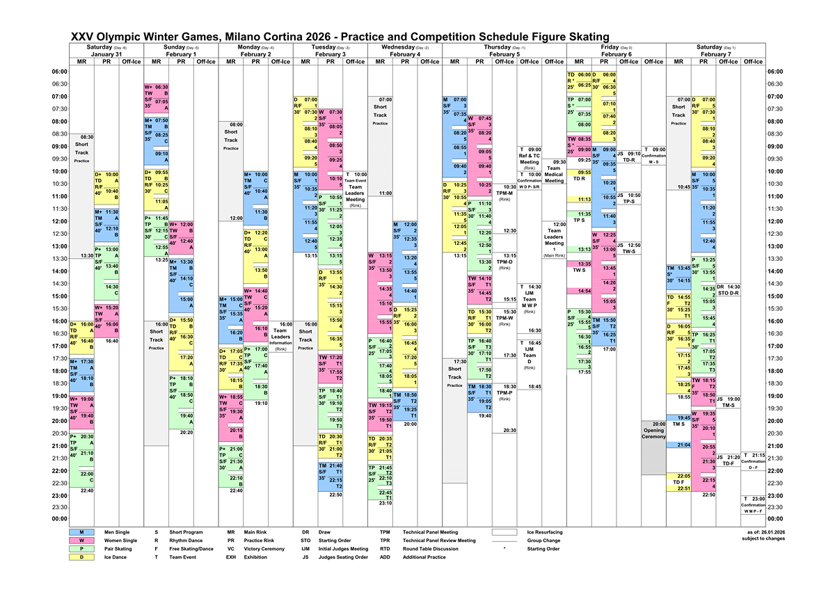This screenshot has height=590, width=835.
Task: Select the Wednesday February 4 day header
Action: click(405, 50)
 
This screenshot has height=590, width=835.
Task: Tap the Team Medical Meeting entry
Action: click(554, 171)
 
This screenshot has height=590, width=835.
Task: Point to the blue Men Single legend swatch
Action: click(81, 532)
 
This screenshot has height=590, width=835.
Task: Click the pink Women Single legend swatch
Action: click(81, 541)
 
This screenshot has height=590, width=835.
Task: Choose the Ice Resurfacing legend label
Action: click(545, 532)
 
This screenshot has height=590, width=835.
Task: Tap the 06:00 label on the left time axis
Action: click(59, 72)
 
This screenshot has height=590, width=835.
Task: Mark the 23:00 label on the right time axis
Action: click(775, 495)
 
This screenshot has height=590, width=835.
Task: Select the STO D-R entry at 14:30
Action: click(728, 290)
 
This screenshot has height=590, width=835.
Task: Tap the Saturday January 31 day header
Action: click(106, 50)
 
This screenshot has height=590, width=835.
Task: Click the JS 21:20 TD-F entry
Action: click(728, 460)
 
